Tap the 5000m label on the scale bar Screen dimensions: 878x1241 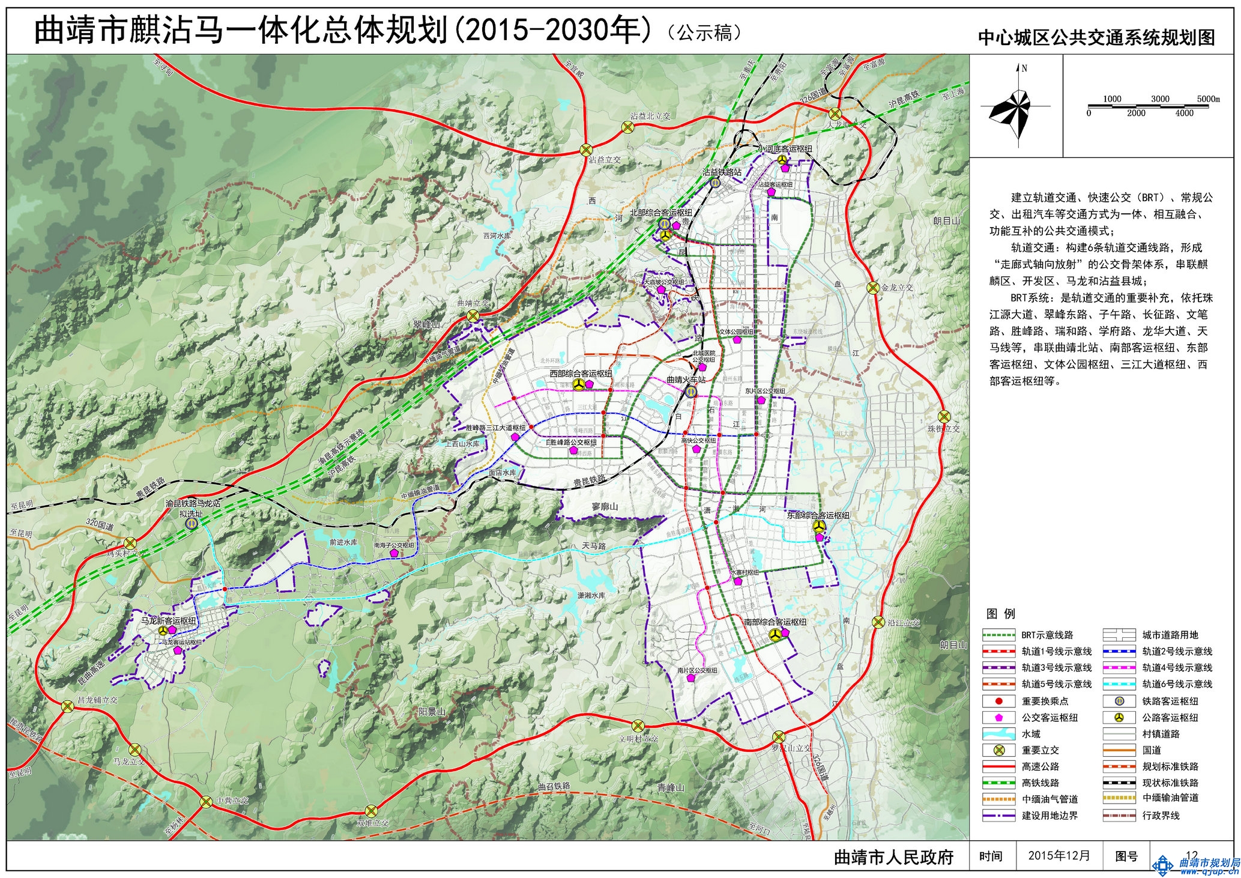pyautogui.click(x=1208, y=98)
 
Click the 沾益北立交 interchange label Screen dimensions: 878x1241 pyautogui.click(x=650, y=116)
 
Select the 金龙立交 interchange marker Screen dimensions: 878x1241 pyautogui.click(x=873, y=288)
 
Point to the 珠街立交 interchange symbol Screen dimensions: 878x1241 pyautogui.click(x=944, y=416)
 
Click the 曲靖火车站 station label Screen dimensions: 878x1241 pyautogui.click(x=686, y=380)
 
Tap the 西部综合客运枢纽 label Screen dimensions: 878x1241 pyautogui.click(x=581, y=374)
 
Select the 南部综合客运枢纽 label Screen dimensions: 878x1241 pyautogui.click(x=775, y=622)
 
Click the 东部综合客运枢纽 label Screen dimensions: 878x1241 pyautogui.click(x=818, y=515)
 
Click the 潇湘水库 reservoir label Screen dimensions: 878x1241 pyautogui.click(x=591, y=595)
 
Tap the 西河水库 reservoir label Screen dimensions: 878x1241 pyautogui.click(x=497, y=237)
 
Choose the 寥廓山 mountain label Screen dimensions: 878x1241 pyautogui.click(x=605, y=507)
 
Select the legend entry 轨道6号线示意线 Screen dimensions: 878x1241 pyautogui.click(x=1177, y=684)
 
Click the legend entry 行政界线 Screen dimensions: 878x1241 pyautogui.click(x=1161, y=816)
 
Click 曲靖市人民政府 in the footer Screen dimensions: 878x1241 pyautogui.click(x=893, y=857)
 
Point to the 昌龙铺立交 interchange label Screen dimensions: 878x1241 pyautogui.click(x=97, y=700)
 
